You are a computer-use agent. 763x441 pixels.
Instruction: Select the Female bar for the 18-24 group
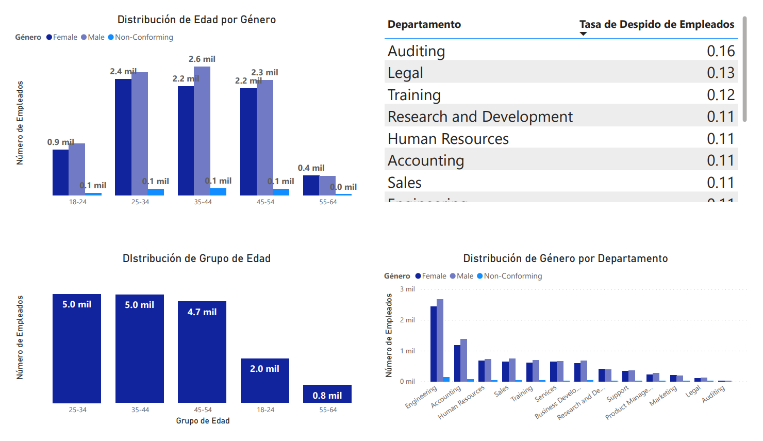coord(60,172)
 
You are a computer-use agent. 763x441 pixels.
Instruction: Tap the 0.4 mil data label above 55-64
coord(311,168)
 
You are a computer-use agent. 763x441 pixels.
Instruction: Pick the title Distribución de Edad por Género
coord(196,20)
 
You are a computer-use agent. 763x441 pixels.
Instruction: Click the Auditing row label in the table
coord(416,51)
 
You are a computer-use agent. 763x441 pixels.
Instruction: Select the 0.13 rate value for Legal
coord(720,73)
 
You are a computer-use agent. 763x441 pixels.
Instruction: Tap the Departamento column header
coord(424,24)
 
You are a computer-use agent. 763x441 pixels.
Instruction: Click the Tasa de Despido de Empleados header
coord(656,24)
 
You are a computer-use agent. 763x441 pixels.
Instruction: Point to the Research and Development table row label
coord(479,117)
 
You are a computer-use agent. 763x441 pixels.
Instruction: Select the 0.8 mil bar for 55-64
coord(327,394)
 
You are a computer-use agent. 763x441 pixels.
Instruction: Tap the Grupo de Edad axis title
coord(203,421)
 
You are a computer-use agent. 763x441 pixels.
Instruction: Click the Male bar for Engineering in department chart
coord(440,340)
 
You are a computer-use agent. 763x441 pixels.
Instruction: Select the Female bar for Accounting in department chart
coord(457,363)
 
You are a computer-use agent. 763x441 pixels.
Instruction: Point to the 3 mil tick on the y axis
coord(407,289)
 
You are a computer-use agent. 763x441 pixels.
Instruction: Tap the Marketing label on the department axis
coord(663,396)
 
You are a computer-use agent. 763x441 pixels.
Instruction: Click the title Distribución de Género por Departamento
coord(565,258)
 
